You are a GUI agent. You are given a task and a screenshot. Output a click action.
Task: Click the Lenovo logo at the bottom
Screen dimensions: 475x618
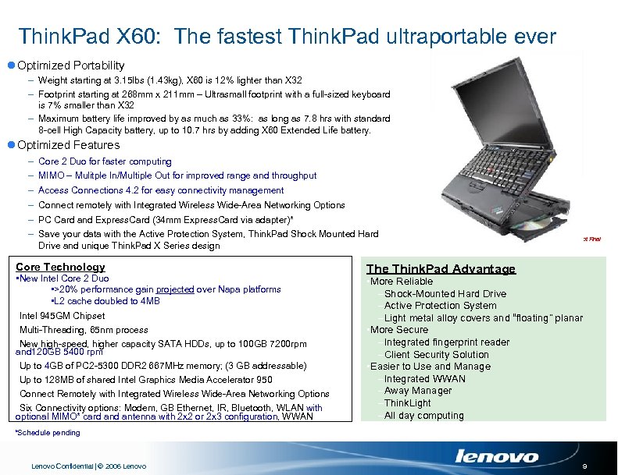tap(497, 456)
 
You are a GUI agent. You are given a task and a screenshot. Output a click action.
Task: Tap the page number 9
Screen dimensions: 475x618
tap(595, 466)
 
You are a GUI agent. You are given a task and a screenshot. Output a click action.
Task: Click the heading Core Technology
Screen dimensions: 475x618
tap(60, 267)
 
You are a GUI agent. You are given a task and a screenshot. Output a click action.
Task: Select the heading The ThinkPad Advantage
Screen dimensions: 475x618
tap(441, 269)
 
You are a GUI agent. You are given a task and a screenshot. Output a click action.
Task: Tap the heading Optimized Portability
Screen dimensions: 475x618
tap(70, 66)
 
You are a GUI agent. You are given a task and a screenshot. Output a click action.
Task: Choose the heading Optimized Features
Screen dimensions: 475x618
tap(68, 145)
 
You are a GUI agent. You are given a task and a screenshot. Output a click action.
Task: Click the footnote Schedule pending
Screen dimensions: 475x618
tap(48, 433)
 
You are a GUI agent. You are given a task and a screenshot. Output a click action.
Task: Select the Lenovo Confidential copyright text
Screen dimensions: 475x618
tap(88, 466)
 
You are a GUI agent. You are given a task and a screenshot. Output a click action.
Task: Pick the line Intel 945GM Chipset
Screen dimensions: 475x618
tap(62, 316)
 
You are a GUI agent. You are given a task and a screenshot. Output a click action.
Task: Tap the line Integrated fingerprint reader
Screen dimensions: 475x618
tap(446, 342)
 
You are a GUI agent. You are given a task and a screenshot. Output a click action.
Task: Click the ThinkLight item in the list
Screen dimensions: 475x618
tap(407, 403)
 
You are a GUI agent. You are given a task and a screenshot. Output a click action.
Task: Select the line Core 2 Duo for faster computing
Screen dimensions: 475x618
tap(105, 161)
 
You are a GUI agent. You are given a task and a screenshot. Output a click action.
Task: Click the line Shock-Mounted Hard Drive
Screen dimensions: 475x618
tap(445, 294)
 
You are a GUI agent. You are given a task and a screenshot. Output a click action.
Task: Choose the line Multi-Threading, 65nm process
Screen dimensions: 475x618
tap(84, 330)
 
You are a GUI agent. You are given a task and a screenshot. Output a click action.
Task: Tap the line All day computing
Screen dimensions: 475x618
tap(423, 416)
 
